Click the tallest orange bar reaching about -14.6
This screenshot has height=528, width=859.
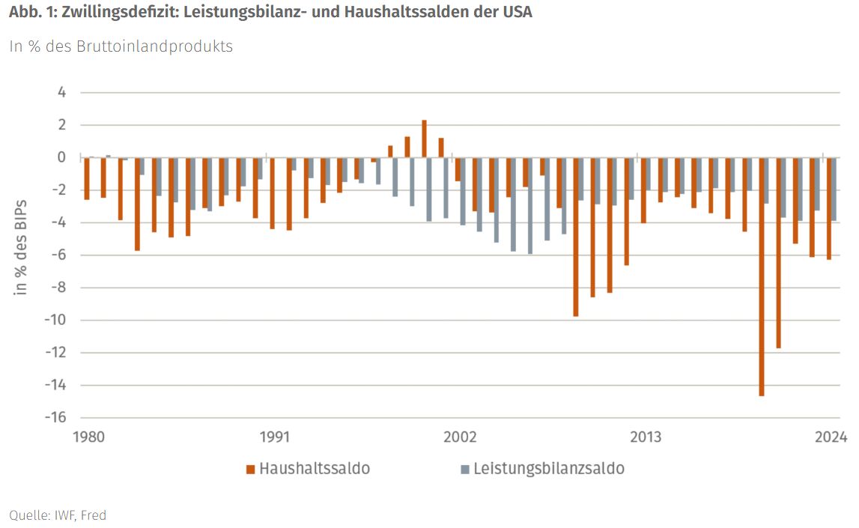click(x=762, y=276)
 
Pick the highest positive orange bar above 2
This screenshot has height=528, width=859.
click(x=424, y=139)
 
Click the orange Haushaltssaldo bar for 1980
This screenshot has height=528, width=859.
click(x=87, y=178)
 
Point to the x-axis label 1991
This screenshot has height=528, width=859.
click(x=275, y=437)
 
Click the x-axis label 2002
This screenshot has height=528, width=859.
click(x=460, y=437)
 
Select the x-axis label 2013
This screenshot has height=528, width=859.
click(x=646, y=437)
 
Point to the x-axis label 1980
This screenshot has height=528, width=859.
click(x=90, y=437)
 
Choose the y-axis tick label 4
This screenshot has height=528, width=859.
click(x=61, y=93)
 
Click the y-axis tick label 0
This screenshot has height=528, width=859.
click(x=61, y=157)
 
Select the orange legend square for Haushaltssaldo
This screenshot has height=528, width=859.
click(x=250, y=470)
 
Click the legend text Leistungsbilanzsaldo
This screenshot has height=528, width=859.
click(x=549, y=469)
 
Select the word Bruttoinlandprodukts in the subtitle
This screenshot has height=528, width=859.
click(x=156, y=46)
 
